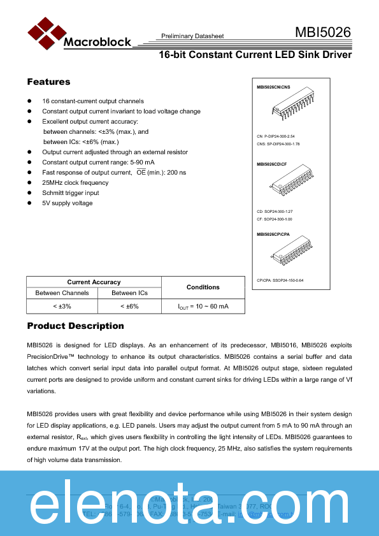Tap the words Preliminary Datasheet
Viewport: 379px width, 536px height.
point(192,36)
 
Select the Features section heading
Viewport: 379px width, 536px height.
point(48,82)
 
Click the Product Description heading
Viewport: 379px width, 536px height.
point(75,326)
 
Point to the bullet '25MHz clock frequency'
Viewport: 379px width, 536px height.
point(75,183)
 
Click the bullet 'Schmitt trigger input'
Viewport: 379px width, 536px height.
point(71,193)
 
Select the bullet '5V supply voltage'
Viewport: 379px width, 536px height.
point(68,203)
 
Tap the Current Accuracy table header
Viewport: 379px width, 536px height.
point(94,282)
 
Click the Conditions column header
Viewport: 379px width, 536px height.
point(203,287)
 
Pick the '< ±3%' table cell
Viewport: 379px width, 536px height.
point(62,307)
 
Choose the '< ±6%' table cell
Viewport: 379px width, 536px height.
point(129,307)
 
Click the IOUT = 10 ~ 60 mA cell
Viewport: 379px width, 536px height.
point(203,307)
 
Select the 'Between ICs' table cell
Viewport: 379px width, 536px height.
point(129,293)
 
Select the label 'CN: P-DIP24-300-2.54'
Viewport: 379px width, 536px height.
point(276,136)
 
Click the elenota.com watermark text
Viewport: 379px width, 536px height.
point(189,503)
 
